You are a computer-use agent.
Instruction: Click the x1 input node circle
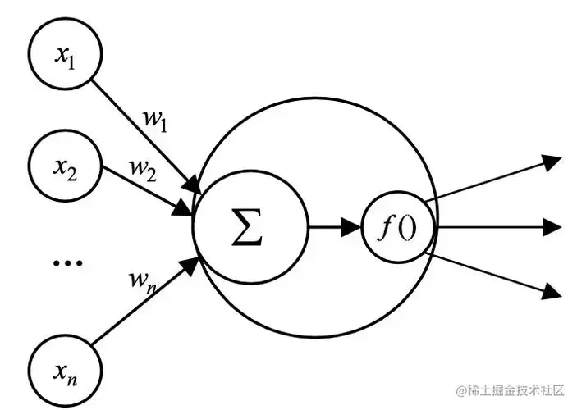[x=63, y=55]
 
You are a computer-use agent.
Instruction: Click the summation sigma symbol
[x=247, y=226]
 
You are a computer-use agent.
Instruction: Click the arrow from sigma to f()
[x=333, y=227]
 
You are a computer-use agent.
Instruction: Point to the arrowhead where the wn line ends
[x=195, y=263]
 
